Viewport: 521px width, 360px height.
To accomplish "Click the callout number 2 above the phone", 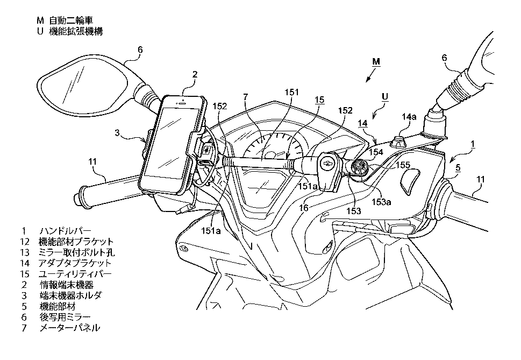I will pos(195,75).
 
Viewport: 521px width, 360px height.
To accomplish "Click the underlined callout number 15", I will pos(319,100).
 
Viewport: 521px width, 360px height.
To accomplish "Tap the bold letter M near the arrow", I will pos(376,62).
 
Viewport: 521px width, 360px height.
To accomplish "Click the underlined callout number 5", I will pos(458,168).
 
